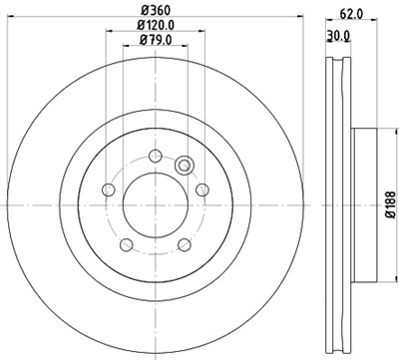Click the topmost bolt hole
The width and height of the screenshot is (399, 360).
155,154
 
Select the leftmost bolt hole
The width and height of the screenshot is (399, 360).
107,189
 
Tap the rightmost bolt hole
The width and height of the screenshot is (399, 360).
202,189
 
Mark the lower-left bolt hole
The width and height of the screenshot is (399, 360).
125,244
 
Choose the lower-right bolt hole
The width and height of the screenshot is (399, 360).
185,244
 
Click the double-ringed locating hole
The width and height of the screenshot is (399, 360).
185,166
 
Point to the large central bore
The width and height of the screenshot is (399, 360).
155,204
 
